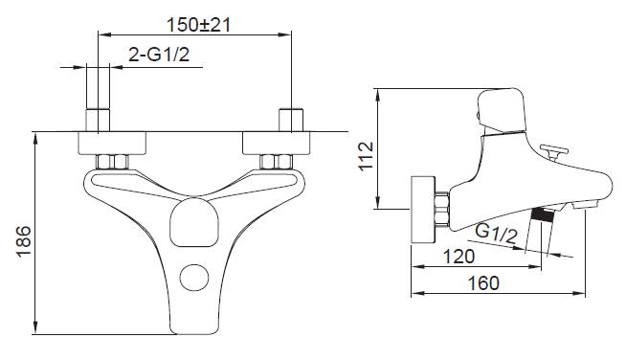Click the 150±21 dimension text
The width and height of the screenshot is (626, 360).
click(x=198, y=25)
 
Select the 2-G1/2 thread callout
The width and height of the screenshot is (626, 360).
click(x=159, y=54)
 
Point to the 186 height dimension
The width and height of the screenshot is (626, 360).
click(x=24, y=241)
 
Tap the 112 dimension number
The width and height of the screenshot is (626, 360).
click(x=366, y=156)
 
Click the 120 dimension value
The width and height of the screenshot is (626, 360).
click(x=459, y=257)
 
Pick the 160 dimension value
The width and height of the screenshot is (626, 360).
click(x=483, y=283)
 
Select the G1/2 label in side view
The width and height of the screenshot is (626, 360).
click(x=497, y=234)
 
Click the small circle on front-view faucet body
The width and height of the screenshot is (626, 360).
click(x=194, y=278)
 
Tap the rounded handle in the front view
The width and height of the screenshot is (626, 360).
click(x=194, y=222)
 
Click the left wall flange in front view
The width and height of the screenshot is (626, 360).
click(x=112, y=143)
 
